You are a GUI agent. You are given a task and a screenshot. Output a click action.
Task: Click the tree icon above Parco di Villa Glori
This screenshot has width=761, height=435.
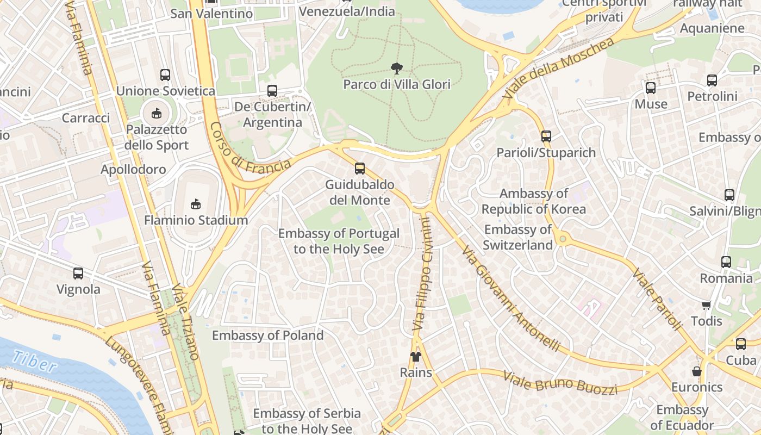[397, 69]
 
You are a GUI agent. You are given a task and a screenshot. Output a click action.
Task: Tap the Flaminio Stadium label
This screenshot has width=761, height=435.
[196, 220]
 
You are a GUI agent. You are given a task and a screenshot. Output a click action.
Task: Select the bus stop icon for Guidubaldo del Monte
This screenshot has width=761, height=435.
[360, 169]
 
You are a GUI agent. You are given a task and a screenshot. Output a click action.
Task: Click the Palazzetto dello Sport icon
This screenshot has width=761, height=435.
[157, 113]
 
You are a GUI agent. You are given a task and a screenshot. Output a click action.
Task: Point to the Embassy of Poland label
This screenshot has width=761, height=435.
[267, 335]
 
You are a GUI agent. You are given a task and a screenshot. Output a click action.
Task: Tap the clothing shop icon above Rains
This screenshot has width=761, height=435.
[416, 357]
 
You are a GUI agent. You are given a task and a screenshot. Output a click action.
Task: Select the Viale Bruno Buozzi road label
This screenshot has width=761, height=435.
[560, 383]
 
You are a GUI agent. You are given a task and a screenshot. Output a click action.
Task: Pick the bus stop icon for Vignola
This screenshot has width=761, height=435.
[78, 274]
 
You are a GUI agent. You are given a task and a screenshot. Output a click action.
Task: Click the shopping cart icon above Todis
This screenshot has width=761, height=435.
[706, 305]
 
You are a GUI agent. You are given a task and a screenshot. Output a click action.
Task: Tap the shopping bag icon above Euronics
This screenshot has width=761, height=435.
[697, 371]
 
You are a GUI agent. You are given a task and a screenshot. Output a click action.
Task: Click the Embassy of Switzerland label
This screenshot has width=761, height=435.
[517, 237]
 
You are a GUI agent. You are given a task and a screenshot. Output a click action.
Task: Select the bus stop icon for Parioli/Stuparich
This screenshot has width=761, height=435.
[546, 136]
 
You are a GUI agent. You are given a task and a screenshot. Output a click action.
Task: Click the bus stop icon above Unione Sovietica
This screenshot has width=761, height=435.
[165, 75]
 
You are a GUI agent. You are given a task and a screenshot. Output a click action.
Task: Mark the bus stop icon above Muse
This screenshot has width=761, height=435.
[651, 88]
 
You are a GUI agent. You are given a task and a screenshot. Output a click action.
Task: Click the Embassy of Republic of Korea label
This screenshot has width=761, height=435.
[533, 201]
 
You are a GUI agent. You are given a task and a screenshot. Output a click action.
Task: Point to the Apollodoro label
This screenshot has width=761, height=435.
[133, 170]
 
